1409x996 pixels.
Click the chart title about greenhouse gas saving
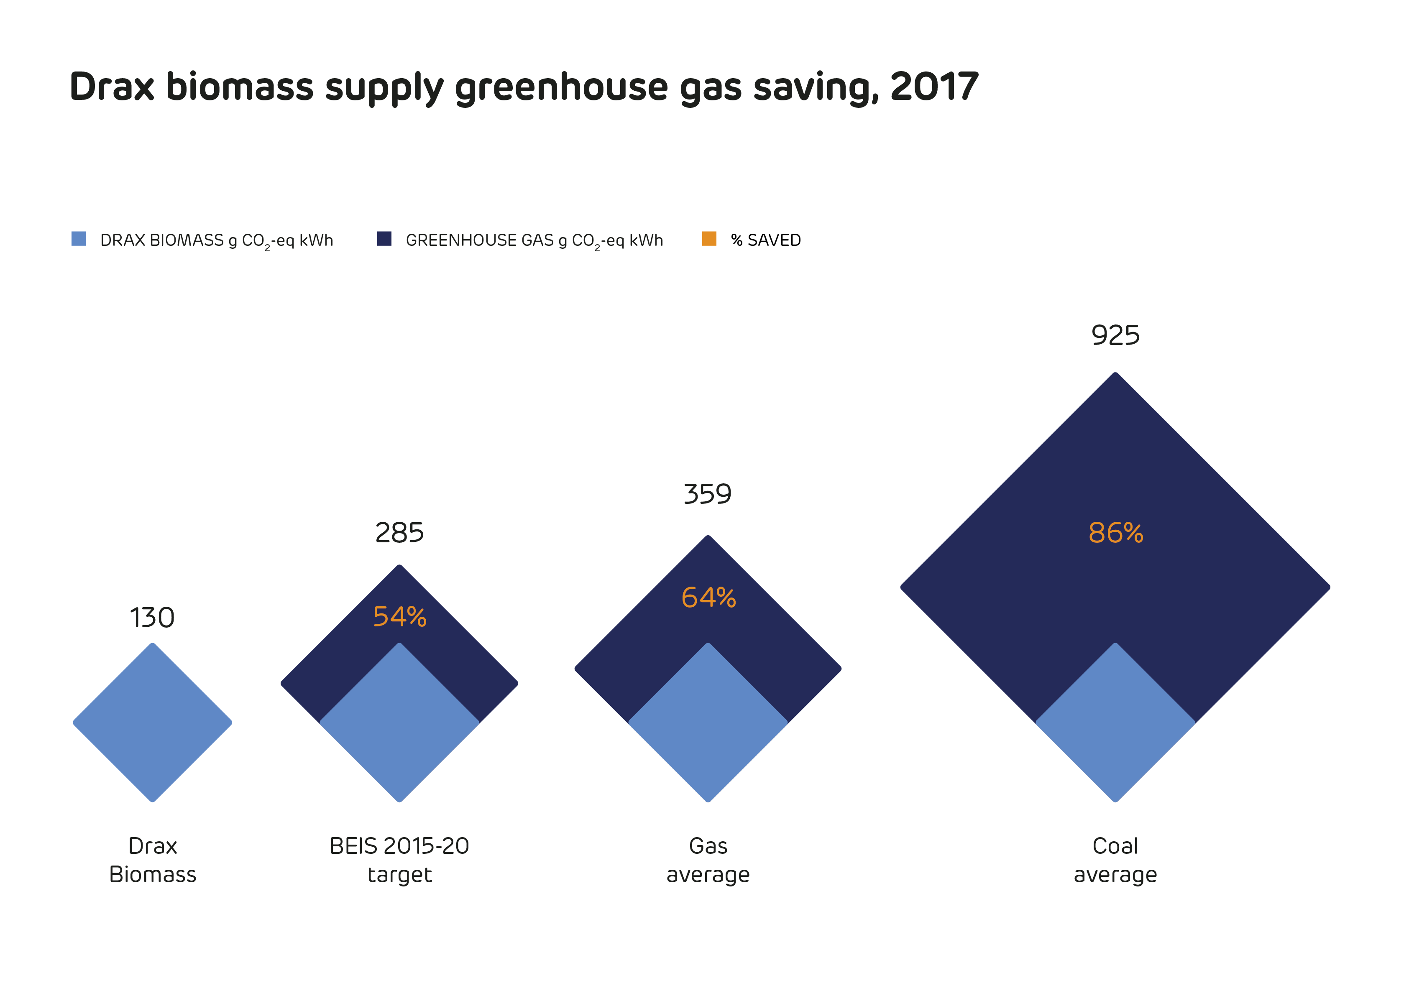(x=524, y=87)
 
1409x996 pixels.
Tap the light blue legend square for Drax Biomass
(x=79, y=239)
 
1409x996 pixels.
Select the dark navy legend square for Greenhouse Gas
(x=384, y=239)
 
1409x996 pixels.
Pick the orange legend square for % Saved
(x=709, y=239)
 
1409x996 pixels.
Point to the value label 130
(x=152, y=617)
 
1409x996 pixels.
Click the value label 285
(x=399, y=533)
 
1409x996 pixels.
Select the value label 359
(x=708, y=494)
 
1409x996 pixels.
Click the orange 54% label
(x=399, y=617)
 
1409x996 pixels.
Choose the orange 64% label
(x=708, y=598)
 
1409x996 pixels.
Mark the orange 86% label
(x=1116, y=533)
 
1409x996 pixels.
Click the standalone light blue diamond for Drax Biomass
(x=152, y=722)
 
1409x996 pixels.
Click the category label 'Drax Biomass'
(x=153, y=860)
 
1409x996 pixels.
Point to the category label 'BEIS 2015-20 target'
(x=399, y=860)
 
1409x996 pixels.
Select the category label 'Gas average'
(x=708, y=860)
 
